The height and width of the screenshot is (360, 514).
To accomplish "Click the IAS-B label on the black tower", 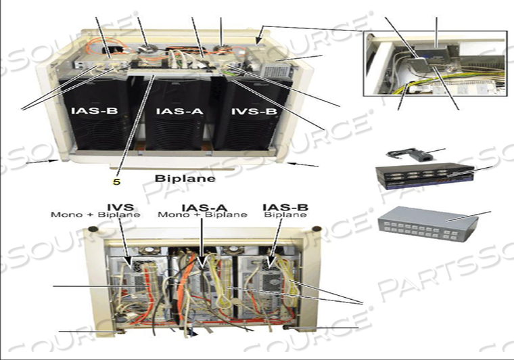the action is pyautogui.click(x=95, y=111).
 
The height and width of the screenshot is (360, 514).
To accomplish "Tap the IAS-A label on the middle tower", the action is pyautogui.click(x=180, y=111).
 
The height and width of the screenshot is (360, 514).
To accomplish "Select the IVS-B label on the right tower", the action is pyautogui.click(x=254, y=111).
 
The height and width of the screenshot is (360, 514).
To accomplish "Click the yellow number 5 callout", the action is pyautogui.click(x=117, y=181).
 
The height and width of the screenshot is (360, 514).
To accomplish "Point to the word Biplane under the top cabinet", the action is pyautogui.click(x=185, y=179).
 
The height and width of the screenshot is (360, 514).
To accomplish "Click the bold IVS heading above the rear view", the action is pyautogui.click(x=120, y=207).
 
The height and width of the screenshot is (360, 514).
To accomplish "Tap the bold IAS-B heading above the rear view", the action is pyautogui.click(x=285, y=207).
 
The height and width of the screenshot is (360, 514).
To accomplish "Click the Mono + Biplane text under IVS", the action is pyautogui.click(x=95, y=215).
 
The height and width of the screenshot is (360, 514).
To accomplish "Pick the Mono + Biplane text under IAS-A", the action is pyautogui.click(x=203, y=215).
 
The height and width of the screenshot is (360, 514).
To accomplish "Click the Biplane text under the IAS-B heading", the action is pyautogui.click(x=285, y=215).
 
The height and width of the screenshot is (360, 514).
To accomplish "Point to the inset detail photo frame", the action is pyautogui.click(x=436, y=64).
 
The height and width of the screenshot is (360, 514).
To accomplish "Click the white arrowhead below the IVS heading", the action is pyautogui.click(x=128, y=263).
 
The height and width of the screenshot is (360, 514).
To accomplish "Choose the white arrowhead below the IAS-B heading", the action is pyautogui.click(x=271, y=262).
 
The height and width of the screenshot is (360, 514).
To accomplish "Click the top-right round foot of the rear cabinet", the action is pyautogui.click(x=317, y=229).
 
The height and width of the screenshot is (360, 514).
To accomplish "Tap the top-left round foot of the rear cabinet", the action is pyautogui.click(x=93, y=229).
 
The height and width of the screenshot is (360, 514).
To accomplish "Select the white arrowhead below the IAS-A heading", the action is pyautogui.click(x=202, y=263).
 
